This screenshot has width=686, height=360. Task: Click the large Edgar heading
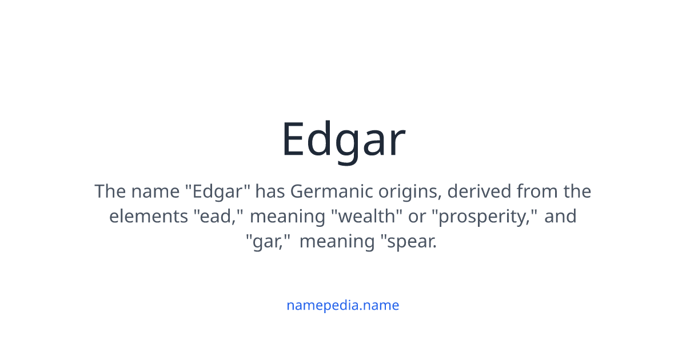(343, 139)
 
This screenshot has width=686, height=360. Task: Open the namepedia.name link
(343, 305)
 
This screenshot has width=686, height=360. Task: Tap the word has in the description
(270, 191)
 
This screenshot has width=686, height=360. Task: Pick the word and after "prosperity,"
(560, 217)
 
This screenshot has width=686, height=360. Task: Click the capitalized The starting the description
(110, 191)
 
